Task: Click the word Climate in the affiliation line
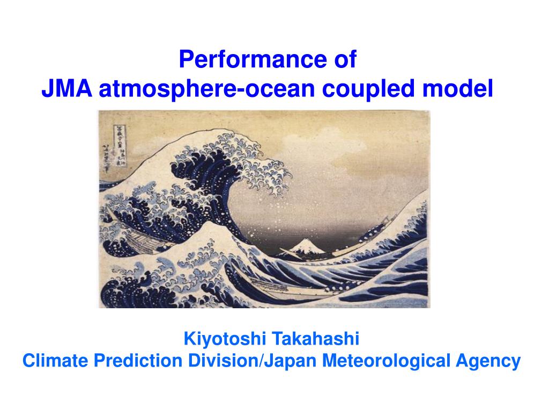coord(55,361)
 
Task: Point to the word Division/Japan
coord(253,361)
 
